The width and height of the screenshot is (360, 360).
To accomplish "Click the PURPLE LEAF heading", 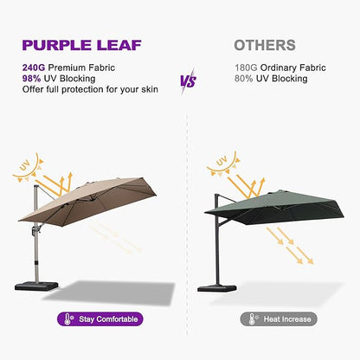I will pos(90,44).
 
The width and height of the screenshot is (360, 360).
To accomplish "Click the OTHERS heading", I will pos(264,45).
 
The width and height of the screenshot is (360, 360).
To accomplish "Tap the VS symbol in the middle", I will pos(187,81).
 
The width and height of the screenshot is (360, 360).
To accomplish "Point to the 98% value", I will pos(35,76).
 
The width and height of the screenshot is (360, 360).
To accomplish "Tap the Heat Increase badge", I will pos(278,319).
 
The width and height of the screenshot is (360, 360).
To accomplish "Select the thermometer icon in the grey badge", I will pos(248,319).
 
